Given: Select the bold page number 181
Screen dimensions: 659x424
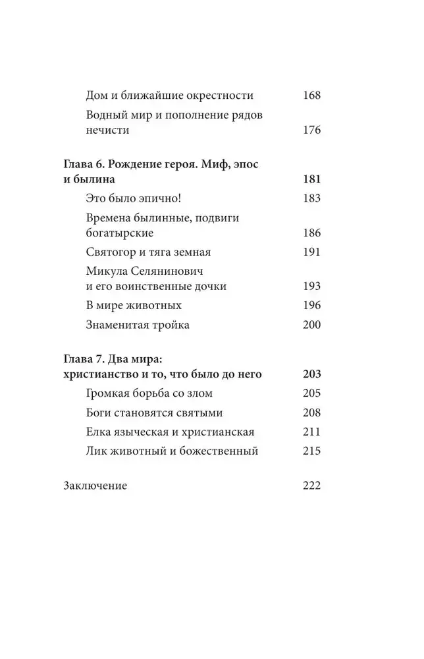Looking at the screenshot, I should [x=311, y=180].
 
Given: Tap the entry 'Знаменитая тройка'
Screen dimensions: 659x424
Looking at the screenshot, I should [x=138, y=324].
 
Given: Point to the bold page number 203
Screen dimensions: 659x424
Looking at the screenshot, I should [x=311, y=375].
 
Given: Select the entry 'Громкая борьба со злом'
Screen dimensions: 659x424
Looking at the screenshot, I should [x=149, y=393].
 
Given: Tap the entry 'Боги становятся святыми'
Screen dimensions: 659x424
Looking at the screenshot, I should [x=154, y=413].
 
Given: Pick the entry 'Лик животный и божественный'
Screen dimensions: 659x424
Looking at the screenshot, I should [x=171, y=451].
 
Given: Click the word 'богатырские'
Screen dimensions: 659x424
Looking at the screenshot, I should [x=120, y=233].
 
